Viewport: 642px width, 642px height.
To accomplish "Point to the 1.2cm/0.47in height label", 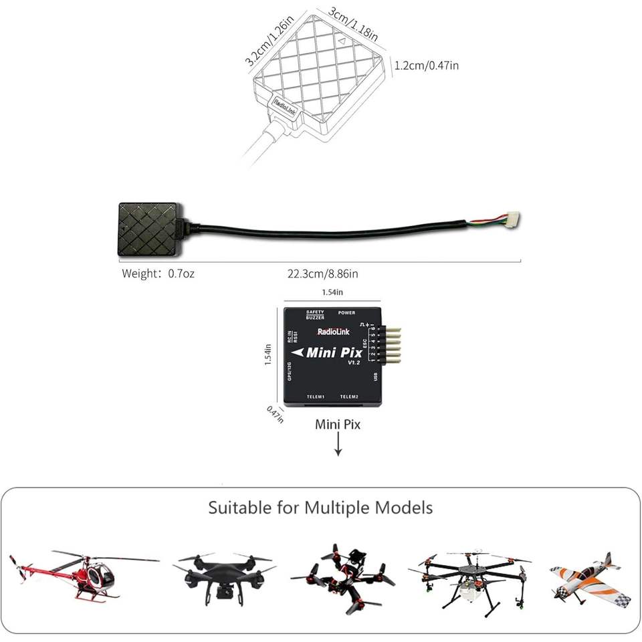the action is pos(427,65).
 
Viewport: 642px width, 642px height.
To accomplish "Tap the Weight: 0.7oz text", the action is pos(158,274).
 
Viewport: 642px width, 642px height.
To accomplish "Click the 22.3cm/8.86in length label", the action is pos(323,274).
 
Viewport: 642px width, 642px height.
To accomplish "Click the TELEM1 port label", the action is pos(314,397).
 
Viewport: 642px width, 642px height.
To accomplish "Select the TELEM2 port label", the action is pos(349,397).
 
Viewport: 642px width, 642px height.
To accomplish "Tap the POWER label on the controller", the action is pos(346,312).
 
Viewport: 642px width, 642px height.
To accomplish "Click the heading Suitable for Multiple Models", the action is pos(320,508).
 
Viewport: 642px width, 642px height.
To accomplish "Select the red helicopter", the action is pos(84,574).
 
